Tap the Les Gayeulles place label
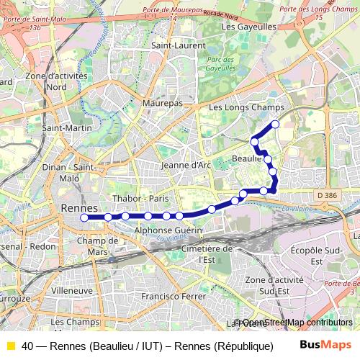click(250, 26)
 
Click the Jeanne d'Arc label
click(186, 164)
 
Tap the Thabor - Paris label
click(140, 198)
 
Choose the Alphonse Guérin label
click(168, 230)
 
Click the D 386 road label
click(326, 194)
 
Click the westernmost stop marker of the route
click(84, 217)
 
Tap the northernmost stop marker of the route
click(275, 125)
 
